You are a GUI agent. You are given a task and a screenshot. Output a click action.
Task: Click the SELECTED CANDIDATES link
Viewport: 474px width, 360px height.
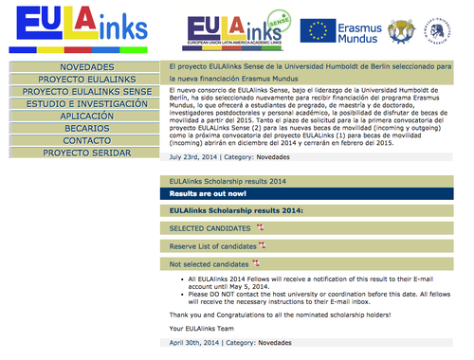[x=210, y=228]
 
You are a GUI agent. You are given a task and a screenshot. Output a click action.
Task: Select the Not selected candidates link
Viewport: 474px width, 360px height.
[x=210, y=264]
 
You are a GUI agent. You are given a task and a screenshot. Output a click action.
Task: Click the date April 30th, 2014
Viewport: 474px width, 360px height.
[x=195, y=342]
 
